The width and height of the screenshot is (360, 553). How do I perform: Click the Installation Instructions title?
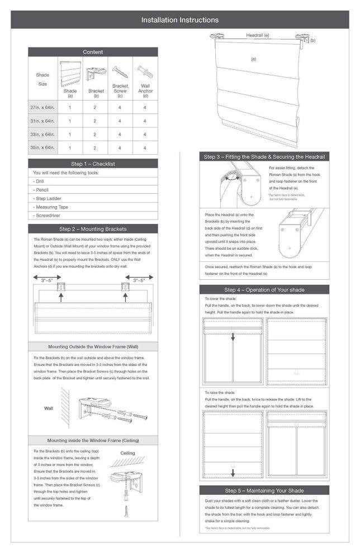pos(179,20)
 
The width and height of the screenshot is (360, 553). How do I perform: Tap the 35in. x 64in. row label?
pos(42,147)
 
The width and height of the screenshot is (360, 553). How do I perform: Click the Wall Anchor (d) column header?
pos(145,88)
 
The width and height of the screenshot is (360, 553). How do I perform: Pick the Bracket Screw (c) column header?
pos(120,88)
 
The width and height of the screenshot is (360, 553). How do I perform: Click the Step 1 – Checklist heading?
pos(93,164)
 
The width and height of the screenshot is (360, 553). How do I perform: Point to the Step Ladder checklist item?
pos(48,198)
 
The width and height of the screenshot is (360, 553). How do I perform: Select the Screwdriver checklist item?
pos(49,215)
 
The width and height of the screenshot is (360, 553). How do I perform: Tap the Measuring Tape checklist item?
pos(52,207)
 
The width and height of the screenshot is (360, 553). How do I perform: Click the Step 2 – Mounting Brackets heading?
pos(93,229)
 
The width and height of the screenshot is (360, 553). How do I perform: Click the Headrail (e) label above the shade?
pos(258,35)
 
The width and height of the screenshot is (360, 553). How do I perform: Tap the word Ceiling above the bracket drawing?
pos(127,453)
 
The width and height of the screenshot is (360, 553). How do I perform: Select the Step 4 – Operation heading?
pos(264,290)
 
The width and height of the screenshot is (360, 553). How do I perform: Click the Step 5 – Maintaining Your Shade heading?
pos(264,490)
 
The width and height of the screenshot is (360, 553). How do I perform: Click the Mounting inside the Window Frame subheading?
pos(93,441)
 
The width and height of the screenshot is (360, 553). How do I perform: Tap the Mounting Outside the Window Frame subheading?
pos(93,347)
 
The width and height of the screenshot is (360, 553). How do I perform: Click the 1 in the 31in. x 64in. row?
pos(70,121)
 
